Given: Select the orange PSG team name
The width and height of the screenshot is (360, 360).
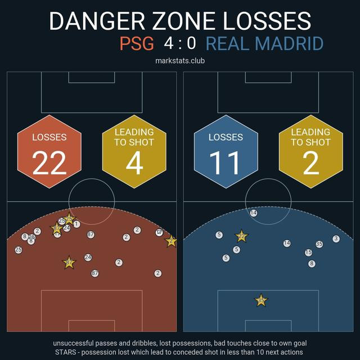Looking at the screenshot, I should [x=137, y=44].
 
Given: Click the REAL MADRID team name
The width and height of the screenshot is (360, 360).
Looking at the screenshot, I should [x=264, y=44].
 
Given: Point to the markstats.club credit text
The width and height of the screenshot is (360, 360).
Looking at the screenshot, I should [x=180, y=61].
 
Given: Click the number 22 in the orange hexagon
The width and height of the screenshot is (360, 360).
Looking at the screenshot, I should [x=49, y=163].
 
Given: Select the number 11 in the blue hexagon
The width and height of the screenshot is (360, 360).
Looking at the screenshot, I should [x=226, y=163].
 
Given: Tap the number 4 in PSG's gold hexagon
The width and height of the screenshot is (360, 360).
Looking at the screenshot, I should [x=134, y=163].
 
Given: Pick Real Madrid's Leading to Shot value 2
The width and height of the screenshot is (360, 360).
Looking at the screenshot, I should [x=310, y=163].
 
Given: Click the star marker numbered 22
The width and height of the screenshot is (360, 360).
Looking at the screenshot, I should [x=241, y=236].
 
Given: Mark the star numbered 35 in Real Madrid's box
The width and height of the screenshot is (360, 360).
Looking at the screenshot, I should [x=260, y=300].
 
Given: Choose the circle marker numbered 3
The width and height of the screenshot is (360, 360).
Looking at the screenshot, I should [x=336, y=238].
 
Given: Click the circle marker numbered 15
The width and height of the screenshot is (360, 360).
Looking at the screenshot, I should [x=308, y=253].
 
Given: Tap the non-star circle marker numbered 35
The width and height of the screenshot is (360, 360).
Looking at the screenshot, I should [x=319, y=244].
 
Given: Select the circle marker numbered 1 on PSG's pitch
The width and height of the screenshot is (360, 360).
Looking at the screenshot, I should [x=76, y=224].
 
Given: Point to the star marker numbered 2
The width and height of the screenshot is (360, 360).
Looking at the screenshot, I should [x=170, y=241].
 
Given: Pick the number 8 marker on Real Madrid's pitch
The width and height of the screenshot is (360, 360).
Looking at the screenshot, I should [x=312, y=263].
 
